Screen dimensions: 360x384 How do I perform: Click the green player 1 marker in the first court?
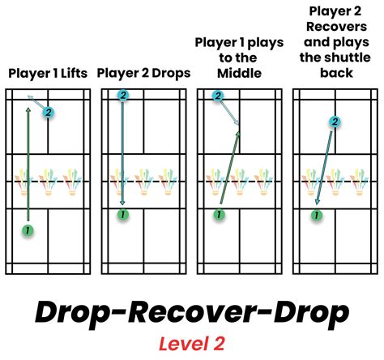point(28,231)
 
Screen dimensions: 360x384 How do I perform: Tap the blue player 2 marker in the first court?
point(49,112)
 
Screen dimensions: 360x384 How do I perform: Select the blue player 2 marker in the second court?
point(123,96)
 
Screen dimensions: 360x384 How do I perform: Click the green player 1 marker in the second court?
point(122,215)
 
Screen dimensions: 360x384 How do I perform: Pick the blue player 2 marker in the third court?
point(218,96)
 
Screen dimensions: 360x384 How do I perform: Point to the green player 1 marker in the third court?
point(217,215)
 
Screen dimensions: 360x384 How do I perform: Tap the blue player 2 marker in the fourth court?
point(335,122)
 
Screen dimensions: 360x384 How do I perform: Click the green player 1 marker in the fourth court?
point(316,215)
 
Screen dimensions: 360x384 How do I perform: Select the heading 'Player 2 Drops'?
point(143,73)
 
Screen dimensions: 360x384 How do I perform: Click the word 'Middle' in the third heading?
point(240,73)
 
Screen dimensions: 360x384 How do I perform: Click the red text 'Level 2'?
point(191,344)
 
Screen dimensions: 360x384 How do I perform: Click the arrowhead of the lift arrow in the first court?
point(30,98)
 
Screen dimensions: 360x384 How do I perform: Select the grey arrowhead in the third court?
point(238,123)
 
